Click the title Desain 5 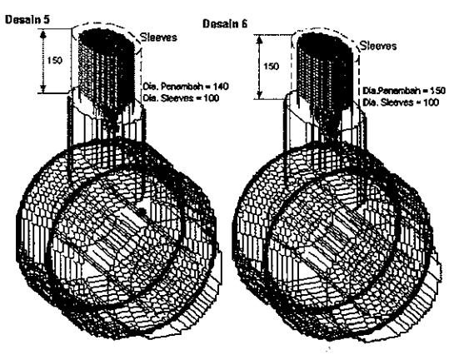(27, 19)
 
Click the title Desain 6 (225, 24)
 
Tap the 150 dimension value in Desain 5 (54, 61)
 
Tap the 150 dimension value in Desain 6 (271, 67)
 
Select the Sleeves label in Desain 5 (158, 37)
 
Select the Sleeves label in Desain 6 (378, 46)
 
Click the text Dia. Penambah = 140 (186, 86)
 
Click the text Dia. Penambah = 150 (404, 91)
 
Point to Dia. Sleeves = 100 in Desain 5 (181, 98)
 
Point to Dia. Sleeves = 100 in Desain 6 (401, 102)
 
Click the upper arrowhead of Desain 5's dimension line (43, 35)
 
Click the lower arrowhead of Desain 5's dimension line (43, 89)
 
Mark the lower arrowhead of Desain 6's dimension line (259, 95)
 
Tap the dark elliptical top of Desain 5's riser (107, 37)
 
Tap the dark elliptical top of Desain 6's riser (324, 43)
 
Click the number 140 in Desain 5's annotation (221, 86)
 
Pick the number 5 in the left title (47, 19)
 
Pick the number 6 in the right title (244, 24)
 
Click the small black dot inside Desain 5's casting (142, 212)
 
